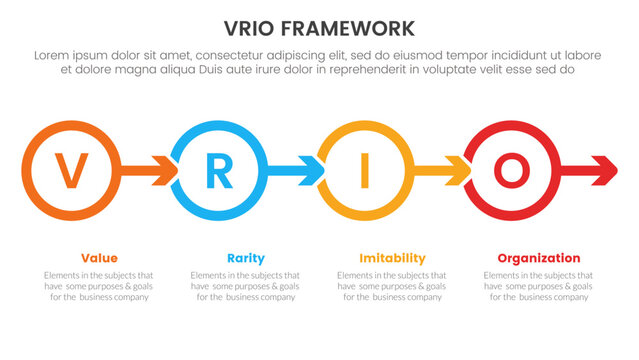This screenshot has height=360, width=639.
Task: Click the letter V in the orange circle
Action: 69,171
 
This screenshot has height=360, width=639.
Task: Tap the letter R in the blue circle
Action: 217,171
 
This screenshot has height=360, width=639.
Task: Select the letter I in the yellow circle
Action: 364,171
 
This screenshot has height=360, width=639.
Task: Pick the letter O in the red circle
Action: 511,171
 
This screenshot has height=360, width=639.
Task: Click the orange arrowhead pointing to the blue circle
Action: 159,171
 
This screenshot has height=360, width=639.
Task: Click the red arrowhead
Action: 603,171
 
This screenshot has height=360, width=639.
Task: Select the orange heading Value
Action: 98,258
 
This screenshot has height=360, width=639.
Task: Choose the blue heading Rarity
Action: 245,258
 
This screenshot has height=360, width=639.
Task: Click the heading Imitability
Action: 392,258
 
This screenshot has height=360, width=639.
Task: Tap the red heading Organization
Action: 539,258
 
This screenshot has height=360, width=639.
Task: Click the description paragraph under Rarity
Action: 245,286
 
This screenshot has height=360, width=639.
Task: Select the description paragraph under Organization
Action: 539,286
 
